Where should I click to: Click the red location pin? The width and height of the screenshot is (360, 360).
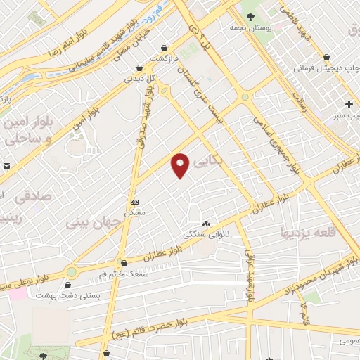click(181, 166)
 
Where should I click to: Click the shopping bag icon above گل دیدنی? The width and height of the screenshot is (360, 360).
click(141, 67)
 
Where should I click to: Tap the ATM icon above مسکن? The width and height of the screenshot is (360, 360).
click(135, 201)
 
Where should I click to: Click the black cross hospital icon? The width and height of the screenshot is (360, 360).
click(349, 104)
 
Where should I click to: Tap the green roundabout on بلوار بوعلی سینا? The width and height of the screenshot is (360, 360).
click(71, 271)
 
